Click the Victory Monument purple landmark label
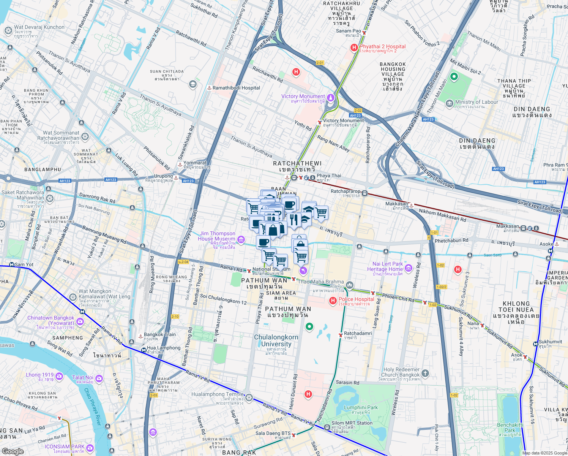(303, 97)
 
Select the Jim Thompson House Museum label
(217, 236)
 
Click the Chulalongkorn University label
(276, 340)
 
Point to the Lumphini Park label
(361, 407)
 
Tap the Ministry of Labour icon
(450, 103)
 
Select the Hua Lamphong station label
(164, 348)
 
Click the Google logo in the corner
(13, 451)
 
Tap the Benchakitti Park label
(510, 425)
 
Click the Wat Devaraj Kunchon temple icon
(8, 30)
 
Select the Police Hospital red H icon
(333, 301)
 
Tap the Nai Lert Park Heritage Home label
(387, 266)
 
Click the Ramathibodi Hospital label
(236, 88)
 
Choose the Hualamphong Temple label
(218, 394)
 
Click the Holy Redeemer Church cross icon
(425, 373)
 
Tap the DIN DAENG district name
(532, 109)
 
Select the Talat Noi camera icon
(99, 378)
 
